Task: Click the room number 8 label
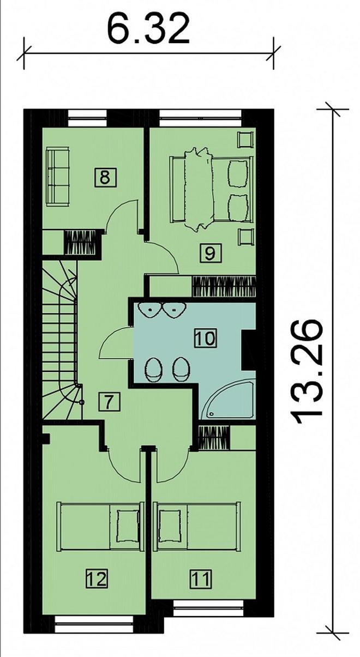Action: click(105, 177)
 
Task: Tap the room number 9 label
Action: click(210, 253)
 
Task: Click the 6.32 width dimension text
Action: click(148, 29)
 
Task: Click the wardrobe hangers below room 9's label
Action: click(224, 287)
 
